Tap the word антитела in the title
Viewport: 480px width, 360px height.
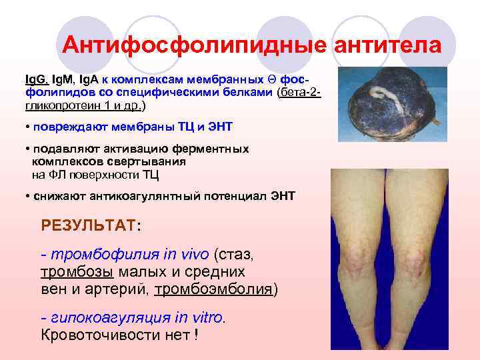pyautogui.click(x=387, y=45)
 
